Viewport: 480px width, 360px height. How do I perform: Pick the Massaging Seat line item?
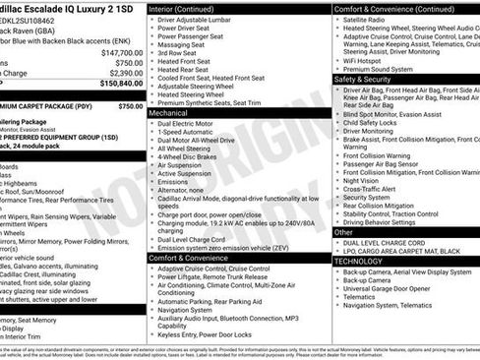[x=181, y=44]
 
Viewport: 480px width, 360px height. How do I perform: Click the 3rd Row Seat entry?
[x=179, y=53]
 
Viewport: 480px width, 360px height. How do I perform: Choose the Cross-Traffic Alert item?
[x=368, y=189]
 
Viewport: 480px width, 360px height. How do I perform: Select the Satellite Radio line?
[x=365, y=19]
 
